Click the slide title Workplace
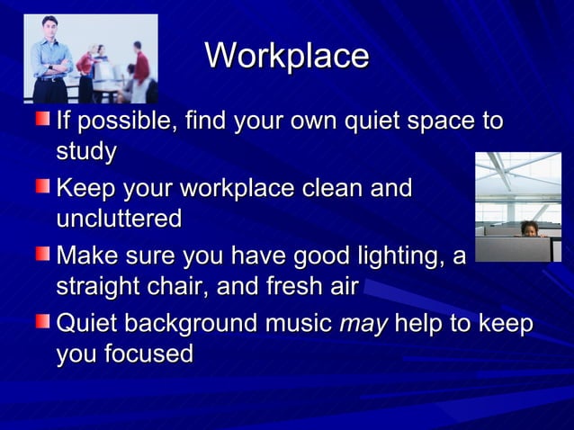pyautogui.click(x=287, y=56)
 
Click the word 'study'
pyautogui.click(x=86, y=152)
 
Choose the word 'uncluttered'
pyautogui.click(x=119, y=219)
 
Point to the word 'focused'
pyautogui.click(x=146, y=354)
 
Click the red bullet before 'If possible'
pyautogui.click(x=43, y=119)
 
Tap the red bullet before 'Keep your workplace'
pyautogui.click(x=43, y=187)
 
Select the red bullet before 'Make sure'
pyautogui.click(x=43, y=255)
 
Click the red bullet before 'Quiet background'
pyautogui.click(x=43, y=322)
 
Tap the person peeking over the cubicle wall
pyautogui.click(x=528, y=228)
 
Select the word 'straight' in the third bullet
pyautogui.click(x=101, y=288)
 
